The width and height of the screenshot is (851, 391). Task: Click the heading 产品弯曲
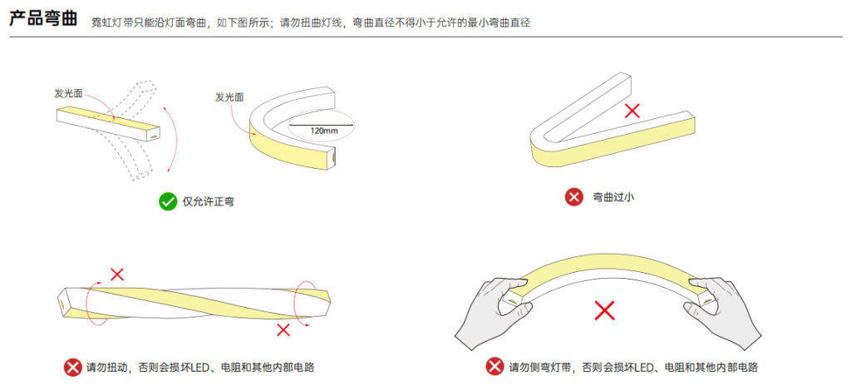point(43,20)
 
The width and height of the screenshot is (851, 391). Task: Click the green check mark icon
point(168,201)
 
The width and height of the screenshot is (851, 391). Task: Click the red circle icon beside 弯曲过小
point(574,197)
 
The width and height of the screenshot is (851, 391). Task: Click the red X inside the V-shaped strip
point(632,111)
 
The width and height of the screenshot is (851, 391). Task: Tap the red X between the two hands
point(605,310)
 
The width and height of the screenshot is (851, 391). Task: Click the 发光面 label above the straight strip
point(68,93)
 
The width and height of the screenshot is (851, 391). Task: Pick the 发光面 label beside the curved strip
point(229,97)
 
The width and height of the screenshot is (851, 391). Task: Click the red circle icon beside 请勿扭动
point(73,368)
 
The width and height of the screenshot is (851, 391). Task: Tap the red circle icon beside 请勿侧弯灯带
point(494,367)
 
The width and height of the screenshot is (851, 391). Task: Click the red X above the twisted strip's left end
point(116,275)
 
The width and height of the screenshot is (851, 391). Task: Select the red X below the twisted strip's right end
point(283,329)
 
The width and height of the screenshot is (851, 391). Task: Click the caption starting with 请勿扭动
point(200,368)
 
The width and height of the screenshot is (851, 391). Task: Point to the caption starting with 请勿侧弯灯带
point(633,367)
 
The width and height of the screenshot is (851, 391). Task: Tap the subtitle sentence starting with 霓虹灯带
point(312,22)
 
